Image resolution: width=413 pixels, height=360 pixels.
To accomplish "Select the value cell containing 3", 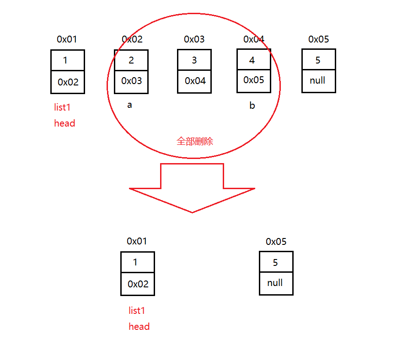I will (194, 60).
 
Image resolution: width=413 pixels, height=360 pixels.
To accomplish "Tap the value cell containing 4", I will (253, 60).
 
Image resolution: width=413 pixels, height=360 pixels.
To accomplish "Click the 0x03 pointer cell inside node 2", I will (131, 81).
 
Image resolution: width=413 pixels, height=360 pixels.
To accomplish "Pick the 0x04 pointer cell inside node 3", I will (195, 81).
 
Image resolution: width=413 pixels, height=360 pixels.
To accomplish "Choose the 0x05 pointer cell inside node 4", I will (254, 80).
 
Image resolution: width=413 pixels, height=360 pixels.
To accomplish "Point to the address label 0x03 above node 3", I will (194, 39).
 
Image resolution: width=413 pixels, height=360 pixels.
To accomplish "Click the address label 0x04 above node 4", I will (254, 39).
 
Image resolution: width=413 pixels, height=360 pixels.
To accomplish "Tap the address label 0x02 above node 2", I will (132, 39).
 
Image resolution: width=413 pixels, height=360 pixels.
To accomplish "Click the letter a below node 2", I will (129, 105).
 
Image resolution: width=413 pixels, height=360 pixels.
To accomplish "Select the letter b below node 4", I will (252, 106).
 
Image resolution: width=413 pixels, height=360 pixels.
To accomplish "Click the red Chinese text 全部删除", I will (195, 141).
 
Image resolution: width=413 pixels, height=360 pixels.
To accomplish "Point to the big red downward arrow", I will (192, 187).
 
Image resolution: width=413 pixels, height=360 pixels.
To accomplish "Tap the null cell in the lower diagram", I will (276, 283).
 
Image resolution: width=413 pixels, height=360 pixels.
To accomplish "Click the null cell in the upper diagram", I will (318, 81).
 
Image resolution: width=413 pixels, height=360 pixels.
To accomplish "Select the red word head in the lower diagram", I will (139, 326).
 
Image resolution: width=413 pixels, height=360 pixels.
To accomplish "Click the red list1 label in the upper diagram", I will (63, 107).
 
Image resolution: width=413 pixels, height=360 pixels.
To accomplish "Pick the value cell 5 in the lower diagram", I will (276, 263).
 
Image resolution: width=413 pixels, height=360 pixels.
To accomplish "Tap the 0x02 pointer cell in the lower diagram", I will (138, 284).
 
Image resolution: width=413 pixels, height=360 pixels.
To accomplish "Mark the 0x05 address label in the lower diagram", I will (276, 242).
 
